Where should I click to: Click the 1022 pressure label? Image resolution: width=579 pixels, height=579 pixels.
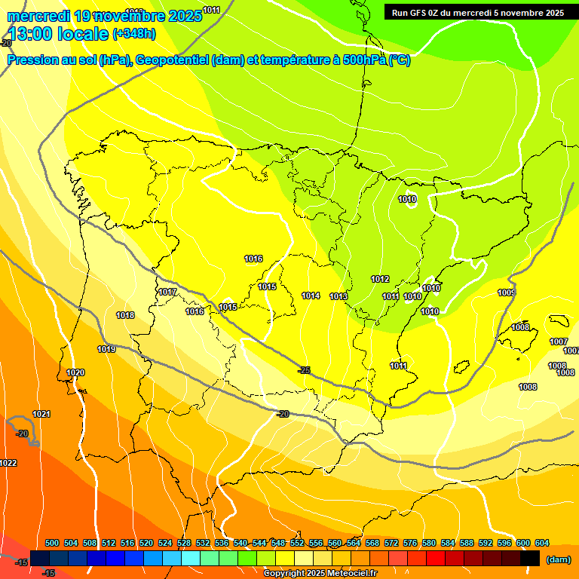8,463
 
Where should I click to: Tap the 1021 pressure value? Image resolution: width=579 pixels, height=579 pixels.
41,414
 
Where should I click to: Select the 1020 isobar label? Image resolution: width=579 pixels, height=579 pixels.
75,372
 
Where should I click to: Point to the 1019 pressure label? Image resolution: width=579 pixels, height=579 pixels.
106,349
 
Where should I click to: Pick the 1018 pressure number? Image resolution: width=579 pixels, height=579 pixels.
125,315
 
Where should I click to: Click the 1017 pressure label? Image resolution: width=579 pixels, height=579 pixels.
167,292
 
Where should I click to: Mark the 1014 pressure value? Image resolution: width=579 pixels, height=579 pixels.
311,296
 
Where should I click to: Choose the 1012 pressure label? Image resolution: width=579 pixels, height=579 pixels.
380,279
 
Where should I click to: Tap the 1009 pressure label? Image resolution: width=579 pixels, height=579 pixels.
507,293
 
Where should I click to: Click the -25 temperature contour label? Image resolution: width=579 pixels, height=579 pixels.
304,370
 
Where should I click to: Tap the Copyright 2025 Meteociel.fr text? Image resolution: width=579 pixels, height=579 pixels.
320,574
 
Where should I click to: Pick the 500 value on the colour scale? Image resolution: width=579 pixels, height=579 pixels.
52,543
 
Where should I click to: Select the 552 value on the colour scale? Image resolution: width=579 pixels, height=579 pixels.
297,543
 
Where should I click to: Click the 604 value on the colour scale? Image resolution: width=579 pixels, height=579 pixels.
542,543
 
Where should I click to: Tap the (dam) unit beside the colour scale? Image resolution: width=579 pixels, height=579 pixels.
558,559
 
